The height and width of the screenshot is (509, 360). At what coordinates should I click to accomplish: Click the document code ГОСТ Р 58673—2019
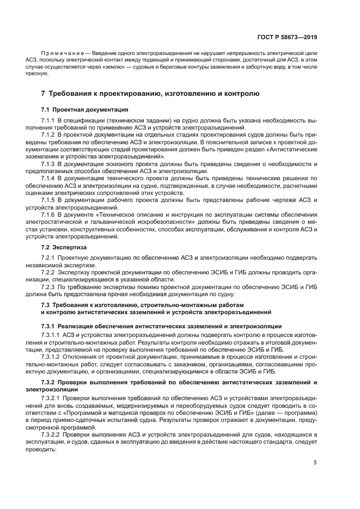[x=290, y=38]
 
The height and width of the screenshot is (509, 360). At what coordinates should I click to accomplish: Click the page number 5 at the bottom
[x=315, y=463]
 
